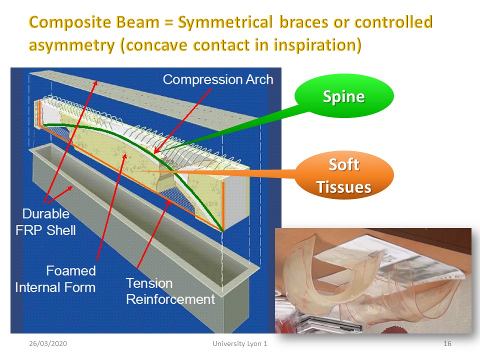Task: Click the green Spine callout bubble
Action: (x=344, y=96)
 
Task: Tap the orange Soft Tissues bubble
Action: (x=344, y=175)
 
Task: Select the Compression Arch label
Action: (x=218, y=79)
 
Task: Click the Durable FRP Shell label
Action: (x=45, y=222)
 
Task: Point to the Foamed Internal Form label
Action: (x=55, y=279)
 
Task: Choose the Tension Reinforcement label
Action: (x=170, y=291)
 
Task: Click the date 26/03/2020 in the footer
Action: (x=48, y=343)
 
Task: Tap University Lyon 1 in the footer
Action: (x=240, y=343)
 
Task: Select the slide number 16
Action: (x=447, y=343)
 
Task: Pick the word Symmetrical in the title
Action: (x=225, y=22)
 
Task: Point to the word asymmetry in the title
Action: (x=71, y=45)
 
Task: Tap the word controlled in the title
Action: (x=393, y=22)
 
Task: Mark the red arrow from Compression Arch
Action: (x=183, y=121)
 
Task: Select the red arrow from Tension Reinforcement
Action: (x=154, y=234)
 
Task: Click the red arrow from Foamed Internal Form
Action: (x=111, y=207)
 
